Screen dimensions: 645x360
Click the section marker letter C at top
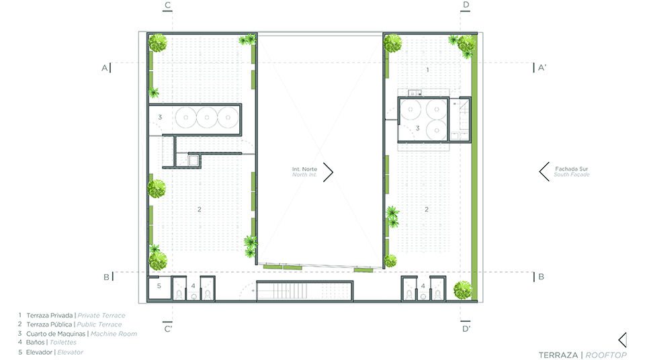(167, 5)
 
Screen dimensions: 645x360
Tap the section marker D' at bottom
(466, 328)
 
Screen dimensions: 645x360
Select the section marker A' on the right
(542, 67)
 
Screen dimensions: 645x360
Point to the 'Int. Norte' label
(304, 169)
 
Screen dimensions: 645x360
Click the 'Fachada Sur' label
(571, 169)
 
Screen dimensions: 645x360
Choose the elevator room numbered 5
(159, 287)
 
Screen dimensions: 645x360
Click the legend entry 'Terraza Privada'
(49, 316)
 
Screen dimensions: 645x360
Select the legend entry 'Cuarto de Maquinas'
(56, 334)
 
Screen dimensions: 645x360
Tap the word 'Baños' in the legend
(36, 343)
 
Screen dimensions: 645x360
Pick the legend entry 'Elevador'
(39, 352)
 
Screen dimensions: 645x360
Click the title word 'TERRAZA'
(558, 355)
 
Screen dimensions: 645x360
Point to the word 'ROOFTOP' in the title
(606, 355)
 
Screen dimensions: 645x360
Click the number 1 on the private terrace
(428, 70)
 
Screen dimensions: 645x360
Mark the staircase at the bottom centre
(304, 291)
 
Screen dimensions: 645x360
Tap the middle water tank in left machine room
(207, 118)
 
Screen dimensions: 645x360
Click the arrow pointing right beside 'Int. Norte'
(328, 172)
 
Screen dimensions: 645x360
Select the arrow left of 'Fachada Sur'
(544, 171)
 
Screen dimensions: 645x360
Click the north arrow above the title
(623, 341)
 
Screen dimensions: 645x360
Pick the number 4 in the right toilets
(423, 286)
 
